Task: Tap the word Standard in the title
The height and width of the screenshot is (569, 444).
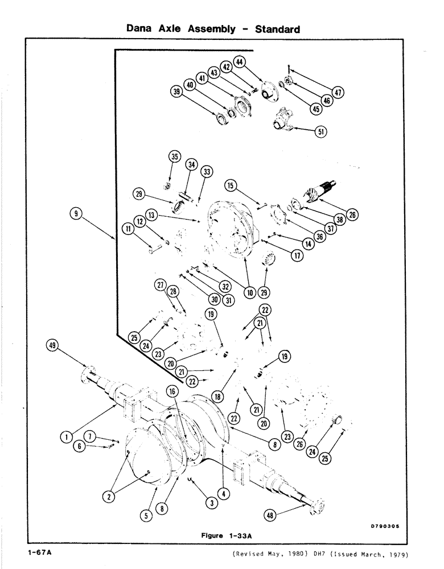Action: (277, 28)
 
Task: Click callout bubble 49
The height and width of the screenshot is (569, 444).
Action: (55, 344)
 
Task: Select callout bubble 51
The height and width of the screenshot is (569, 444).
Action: (322, 131)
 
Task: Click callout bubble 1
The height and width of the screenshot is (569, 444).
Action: (67, 436)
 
